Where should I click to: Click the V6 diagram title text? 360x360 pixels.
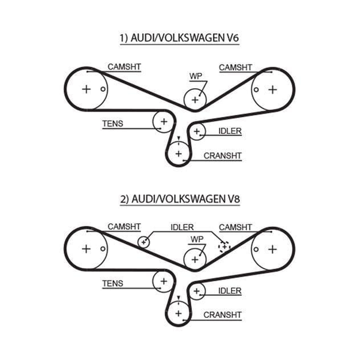click(x=179, y=38)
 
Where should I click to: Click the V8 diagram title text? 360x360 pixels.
click(x=180, y=199)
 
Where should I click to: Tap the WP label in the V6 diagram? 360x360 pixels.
click(x=196, y=76)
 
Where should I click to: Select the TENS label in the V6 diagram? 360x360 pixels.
click(x=113, y=124)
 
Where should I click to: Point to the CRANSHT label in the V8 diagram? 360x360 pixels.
click(x=223, y=315)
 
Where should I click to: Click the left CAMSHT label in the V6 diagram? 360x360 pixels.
click(x=124, y=67)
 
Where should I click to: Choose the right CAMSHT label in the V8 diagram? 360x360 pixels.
click(x=236, y=227)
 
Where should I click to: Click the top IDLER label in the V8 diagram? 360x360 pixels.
click(x=182, y=227)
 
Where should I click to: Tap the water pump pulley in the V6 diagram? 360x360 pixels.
click(x=195, y=100)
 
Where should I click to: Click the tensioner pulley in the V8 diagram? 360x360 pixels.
click(x=164, y=281)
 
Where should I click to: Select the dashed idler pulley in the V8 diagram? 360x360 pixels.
click(x=224, y=247)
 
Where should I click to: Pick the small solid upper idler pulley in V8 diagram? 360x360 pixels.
click(x=144, y=242)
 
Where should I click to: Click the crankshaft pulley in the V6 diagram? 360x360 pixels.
click(x=179, y=154)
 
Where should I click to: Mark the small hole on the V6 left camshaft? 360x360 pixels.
click(x=103, y=89)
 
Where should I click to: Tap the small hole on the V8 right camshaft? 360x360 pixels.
click(x=256, y=250)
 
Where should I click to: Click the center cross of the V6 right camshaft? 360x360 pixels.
click(x=273, y=89)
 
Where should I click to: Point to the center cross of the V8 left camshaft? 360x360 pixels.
click(x=86, y=249)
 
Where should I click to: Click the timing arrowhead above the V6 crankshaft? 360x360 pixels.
click(x=179, y=138)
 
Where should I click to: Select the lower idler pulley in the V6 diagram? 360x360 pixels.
click(x=197, y=131)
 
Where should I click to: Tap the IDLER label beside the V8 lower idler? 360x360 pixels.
click(x=230, y=291)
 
